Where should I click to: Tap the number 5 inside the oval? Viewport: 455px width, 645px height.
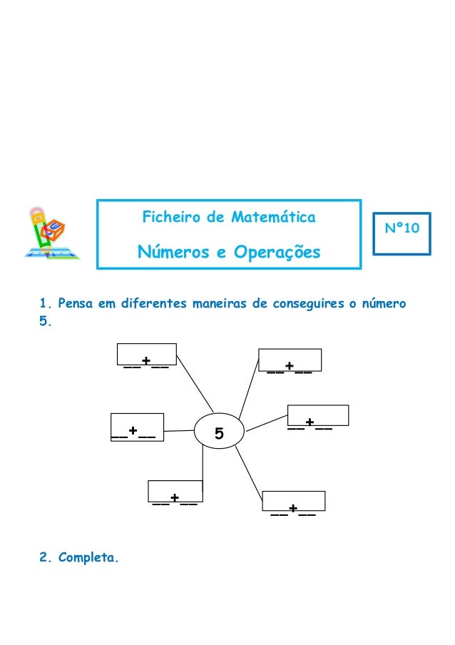(219, 433)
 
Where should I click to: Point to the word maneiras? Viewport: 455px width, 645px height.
(220, 304)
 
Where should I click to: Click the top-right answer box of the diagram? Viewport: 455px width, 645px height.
(290, 360)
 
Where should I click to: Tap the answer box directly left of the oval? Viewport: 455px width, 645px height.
(137, 427)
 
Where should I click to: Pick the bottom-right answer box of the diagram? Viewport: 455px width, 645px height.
(294, 502)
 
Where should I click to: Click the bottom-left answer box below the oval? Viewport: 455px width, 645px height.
(175, 492)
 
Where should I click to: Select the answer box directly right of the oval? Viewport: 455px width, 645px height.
(317, 416)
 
